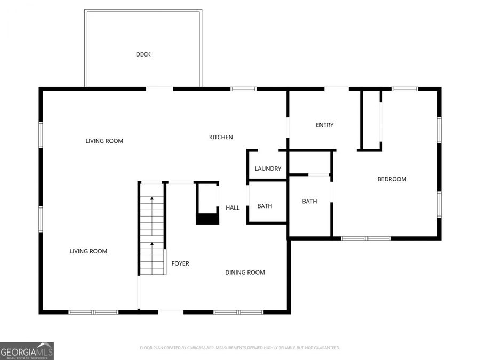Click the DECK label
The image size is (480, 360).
coord(143,54)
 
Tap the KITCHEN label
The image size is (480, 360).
coord(220,138)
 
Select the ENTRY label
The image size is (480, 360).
coord(324,125)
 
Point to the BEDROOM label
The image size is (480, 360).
coord(391,179)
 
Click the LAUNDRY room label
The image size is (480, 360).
coord(268,169)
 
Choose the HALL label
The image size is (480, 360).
coord(233,208)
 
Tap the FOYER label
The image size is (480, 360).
coord(180,263)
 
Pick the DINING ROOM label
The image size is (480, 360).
coord(245,273)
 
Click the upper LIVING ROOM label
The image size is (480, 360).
coord(105,141)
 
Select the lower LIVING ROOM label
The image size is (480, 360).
coord(89,251)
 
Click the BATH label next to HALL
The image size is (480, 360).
coord(265,206)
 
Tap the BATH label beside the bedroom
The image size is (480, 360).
coord(309,202)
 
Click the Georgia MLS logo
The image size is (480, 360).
coord(27,351)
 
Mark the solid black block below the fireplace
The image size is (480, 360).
coord(207,219)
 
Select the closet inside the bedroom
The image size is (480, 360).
coord(371,120)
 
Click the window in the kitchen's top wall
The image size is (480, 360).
coord(243,89)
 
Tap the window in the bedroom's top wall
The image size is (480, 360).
coord(405,89)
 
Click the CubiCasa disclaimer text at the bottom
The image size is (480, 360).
coord(239,348)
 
